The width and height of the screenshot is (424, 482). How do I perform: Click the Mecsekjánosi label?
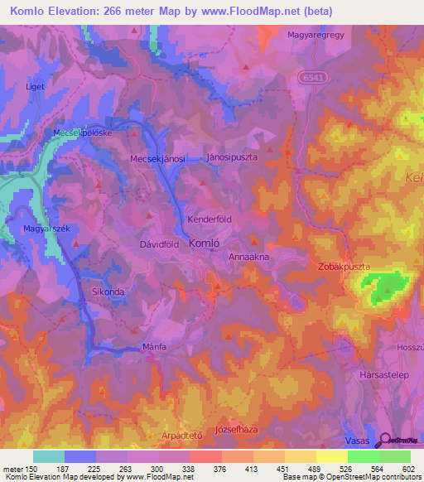pyautogui.click(x=157, y=157)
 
